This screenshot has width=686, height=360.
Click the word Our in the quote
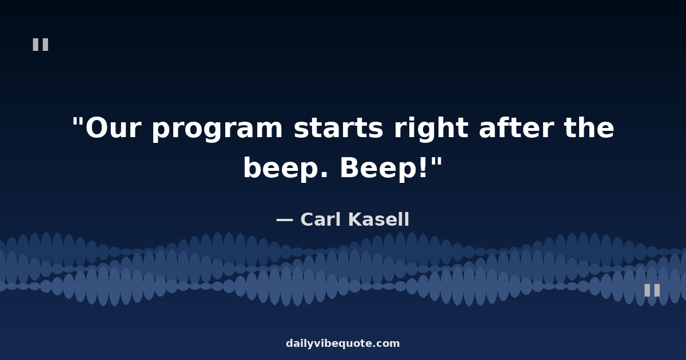pos(114,128)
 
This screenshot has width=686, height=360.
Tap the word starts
pos(338,128)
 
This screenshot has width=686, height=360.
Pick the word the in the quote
pos(589,127)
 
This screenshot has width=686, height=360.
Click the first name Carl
pos(321,219)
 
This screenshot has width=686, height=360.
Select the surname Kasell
pos(379,219)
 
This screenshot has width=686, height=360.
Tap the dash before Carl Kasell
pos(285,219)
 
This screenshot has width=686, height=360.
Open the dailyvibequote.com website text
pos(342,343)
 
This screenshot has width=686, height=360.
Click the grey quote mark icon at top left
pos(41,45)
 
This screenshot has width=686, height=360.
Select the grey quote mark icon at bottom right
pos(652,290)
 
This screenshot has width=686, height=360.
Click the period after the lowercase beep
pos(325,175)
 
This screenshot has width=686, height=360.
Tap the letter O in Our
pos(97,128)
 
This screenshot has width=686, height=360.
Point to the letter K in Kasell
pos(356,219)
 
